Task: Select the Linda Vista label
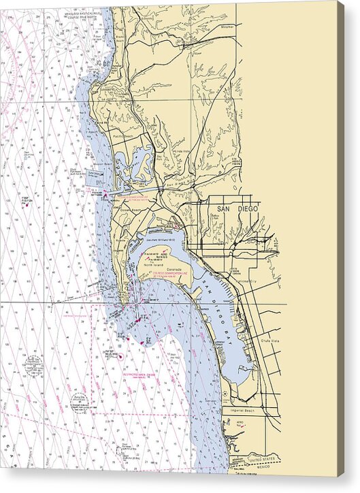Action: tap(182, 151)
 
